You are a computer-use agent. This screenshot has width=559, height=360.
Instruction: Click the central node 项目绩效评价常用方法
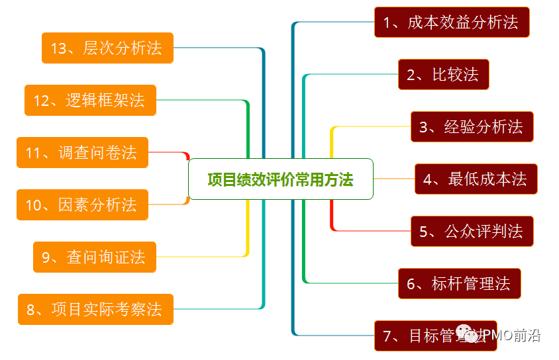coord(280,179)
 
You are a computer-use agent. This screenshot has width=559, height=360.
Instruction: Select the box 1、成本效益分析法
coord(452,22)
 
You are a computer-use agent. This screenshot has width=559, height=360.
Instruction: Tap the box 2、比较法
coord(443,74)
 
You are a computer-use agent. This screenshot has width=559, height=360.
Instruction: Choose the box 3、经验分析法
coord(472,126)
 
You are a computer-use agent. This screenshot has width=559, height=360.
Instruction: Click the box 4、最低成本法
coord(476,179)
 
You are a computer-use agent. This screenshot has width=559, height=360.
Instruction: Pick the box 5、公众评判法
coord(472,231)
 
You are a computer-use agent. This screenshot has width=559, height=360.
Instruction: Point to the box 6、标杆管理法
coord(459,283)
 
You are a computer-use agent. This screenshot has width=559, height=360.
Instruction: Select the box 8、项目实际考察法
coord(95,309)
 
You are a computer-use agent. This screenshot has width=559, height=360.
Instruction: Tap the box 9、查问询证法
coord(95,257)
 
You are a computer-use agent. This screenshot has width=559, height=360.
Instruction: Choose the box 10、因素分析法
coord(82,204)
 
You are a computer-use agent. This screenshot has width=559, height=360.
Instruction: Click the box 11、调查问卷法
coord(82,153)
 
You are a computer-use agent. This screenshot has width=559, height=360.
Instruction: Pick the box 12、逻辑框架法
coord(90,100)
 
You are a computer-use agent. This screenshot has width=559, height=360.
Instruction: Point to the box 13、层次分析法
coord(107,48)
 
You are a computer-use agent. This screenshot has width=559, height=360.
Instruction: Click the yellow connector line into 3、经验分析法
coord(371,126)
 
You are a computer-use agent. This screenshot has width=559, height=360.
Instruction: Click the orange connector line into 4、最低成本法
coord(394,179)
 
